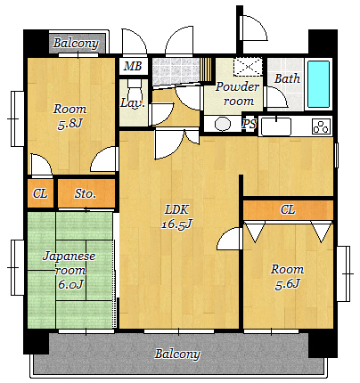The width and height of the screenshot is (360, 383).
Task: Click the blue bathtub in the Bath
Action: point(318,84)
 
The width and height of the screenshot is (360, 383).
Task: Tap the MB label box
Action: point(133,66)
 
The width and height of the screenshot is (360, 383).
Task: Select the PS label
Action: point(249,124)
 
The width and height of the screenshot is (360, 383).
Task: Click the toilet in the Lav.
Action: point(135,91)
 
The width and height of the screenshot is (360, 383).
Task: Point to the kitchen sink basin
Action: point(276,126)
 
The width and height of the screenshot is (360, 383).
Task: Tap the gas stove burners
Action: point(321,126)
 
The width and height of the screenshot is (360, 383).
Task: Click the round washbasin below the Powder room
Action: point(223,124)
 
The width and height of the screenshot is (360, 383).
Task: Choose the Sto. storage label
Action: point(85,194)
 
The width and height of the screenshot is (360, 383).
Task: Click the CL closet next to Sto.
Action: point(40,193)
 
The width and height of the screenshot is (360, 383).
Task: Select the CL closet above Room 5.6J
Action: point(288,210)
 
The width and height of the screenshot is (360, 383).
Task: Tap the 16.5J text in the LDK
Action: point(177,224)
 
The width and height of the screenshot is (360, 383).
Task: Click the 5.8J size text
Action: point(70,123)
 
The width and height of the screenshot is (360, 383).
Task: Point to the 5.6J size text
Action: point(288,284)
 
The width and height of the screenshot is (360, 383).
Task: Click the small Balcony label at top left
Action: point(76,44)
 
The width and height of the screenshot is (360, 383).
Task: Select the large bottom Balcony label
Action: point(177,354)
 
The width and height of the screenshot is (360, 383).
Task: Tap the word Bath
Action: point(287,78)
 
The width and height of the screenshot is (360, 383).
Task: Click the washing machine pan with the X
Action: point(248,66)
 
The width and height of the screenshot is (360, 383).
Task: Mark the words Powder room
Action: point(237,94)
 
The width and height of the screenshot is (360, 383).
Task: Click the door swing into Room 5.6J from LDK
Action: point(229,238)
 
